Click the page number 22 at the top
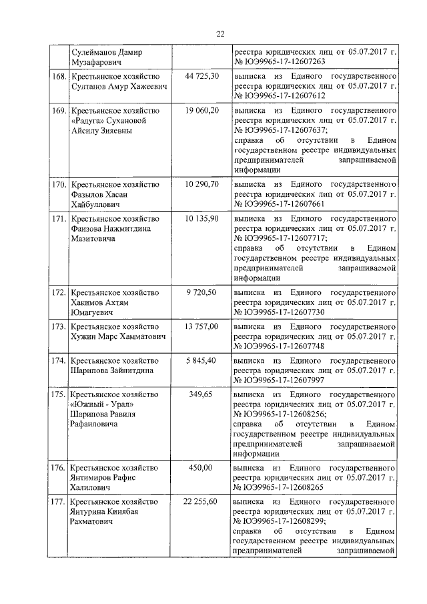(x=220, y=35)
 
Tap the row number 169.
(x=59, y=109)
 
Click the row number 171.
(x=59, y=218)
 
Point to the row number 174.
(x=59, y=360)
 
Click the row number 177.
(x=59, y=501)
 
